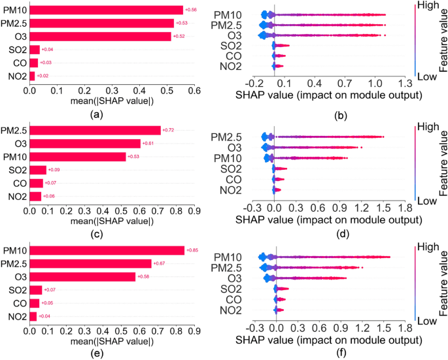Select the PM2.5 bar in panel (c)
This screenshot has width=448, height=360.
(x=95, y=130)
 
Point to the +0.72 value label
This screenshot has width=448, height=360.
(x=167, y=130)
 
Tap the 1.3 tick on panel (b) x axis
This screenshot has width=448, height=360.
(x=405, y=83)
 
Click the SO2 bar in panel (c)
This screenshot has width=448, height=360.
(x=37, y=170)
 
